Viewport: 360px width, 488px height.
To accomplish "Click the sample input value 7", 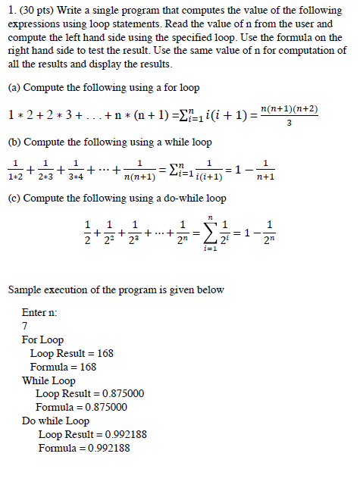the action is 25,327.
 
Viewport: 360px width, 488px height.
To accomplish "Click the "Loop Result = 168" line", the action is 71,353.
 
